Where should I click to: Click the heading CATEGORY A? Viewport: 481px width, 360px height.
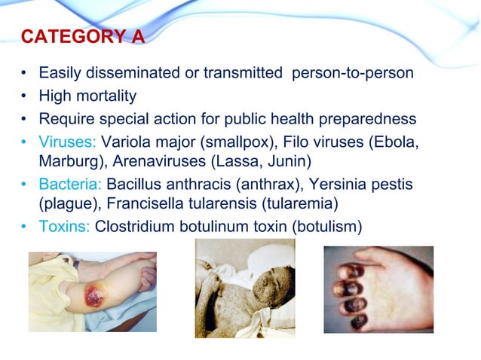tap(82, 37)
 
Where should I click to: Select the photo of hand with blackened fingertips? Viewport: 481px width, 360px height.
tap(378, 289)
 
